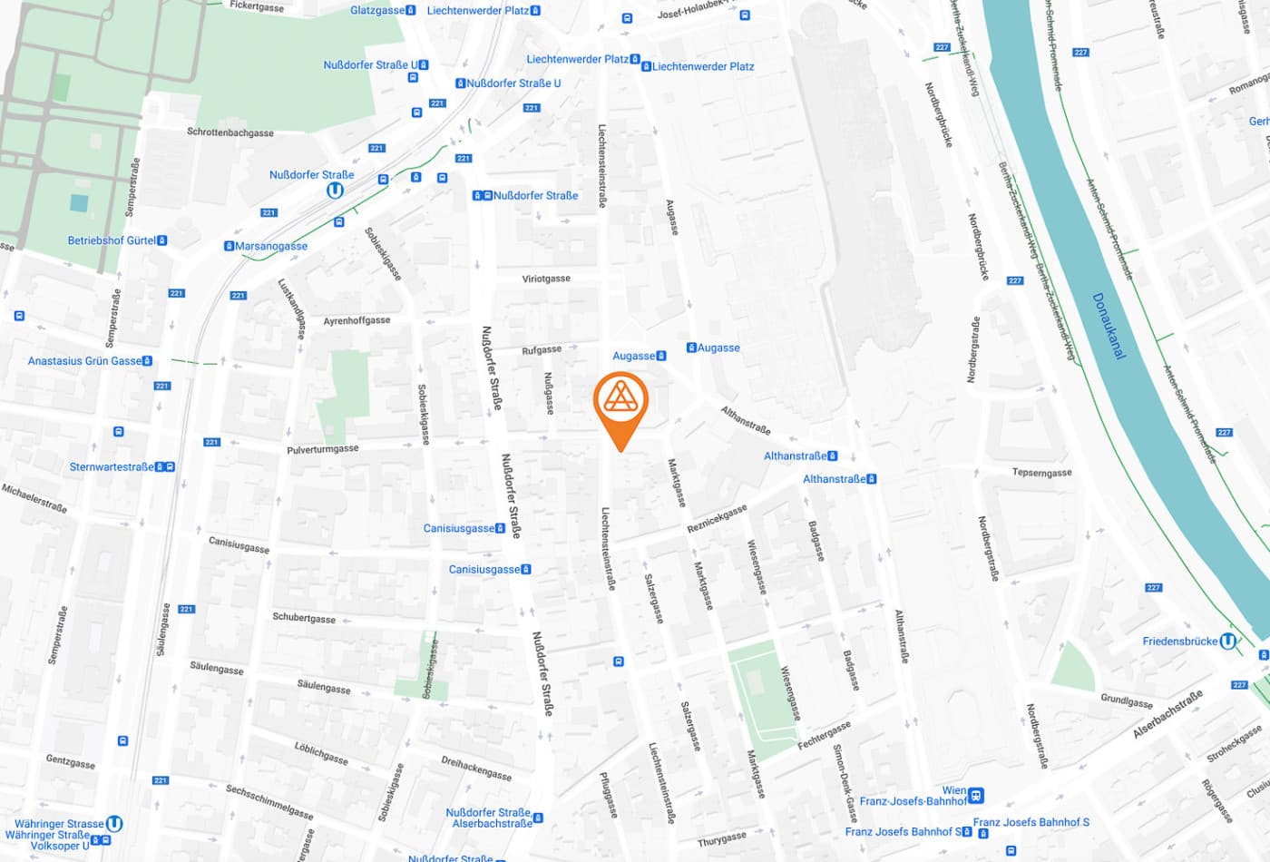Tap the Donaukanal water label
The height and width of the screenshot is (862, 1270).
click(1109, 326)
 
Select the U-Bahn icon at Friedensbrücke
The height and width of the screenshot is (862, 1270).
click(1227, 642)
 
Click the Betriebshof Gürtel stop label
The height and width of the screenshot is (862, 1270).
click(112, 240)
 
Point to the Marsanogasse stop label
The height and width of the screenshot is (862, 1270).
click(271, 246)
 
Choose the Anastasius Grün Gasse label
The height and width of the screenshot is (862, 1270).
click(85, 361)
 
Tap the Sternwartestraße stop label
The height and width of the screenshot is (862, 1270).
click(112, 467)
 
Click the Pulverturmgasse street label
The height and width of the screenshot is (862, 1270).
click(322, 449)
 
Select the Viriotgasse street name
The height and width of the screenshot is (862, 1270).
click(546, 279)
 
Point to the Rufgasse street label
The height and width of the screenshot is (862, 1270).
click(542, 350)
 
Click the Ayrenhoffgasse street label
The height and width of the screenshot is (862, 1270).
click(357, 321)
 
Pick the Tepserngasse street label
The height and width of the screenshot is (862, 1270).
click(1041, 473)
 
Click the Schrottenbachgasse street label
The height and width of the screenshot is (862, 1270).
click(230, 132)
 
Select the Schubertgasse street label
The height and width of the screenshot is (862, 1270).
click(304, 618)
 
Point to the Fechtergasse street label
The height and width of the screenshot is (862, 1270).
click(824, 735)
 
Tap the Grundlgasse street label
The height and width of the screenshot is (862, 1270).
click(1127, 701)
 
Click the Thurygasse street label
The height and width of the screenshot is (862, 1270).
click(722, 838)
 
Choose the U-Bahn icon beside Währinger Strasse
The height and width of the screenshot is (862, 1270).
click(114, 824)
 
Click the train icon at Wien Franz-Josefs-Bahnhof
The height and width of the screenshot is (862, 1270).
click(976, 796)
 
